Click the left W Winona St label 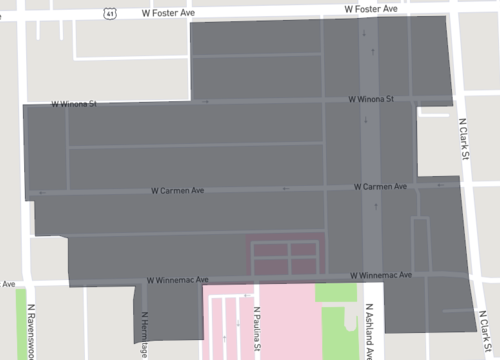pyautogui.click(x=75, y=104)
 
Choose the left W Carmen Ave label pyautogui.click(x=177, y=188)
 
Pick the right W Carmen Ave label pyautogui.click(x=380, y=187)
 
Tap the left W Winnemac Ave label pyautogui.click(x=177, y=281)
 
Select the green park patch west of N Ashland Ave pyautogui.click(x=335, y=293)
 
